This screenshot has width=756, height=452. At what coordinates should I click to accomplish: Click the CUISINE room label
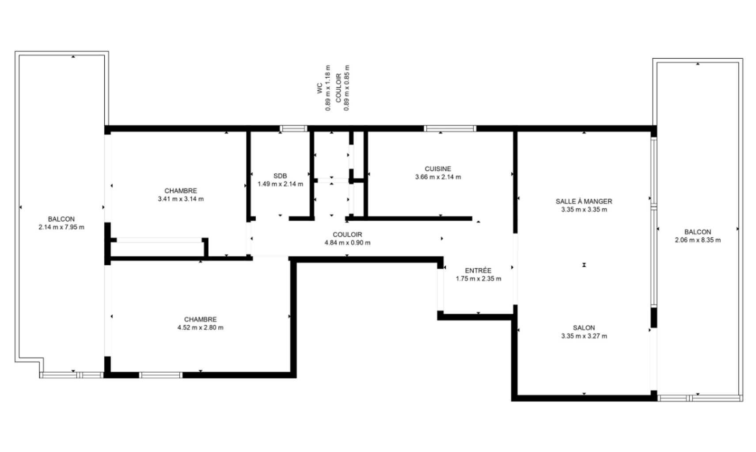(x=438, y=169)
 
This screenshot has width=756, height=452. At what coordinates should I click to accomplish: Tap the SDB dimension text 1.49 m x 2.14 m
(x=280, y=184)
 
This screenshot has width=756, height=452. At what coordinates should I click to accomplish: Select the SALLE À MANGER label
(x=584, y=201)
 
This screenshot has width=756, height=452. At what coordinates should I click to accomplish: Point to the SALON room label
(x=584, y=328)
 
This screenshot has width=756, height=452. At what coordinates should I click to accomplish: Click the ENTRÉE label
(x=478, y=270)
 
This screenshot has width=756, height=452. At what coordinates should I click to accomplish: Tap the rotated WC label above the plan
(x=319, y=88)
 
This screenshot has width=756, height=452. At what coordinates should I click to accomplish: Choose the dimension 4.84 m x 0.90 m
(x=347, y=243)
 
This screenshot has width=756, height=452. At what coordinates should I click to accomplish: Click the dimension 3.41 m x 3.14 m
(x=181, y=199)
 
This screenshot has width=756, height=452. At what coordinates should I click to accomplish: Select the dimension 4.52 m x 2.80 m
(x=200, y=328)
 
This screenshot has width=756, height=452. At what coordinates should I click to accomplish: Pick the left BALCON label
(x=61, y=219)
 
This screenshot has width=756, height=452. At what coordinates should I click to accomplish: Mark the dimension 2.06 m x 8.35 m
(x=698, y=240)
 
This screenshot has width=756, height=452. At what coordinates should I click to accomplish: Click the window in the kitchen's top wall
(x=449, y=128)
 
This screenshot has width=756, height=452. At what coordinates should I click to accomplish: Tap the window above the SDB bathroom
(x=293, y=128)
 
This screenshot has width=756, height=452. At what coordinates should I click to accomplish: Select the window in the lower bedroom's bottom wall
(x=161, y=375)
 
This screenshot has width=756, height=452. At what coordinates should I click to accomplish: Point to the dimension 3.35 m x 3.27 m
(x=584, y=336)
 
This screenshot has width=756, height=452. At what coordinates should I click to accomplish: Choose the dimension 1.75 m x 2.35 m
(x=478, y=279)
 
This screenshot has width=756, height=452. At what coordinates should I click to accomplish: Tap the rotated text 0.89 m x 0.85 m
(x=346, y=88)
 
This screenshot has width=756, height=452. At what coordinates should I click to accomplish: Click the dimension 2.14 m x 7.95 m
(x=61, y=227)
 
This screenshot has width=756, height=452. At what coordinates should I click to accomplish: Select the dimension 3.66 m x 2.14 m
(x=438, y=177)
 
